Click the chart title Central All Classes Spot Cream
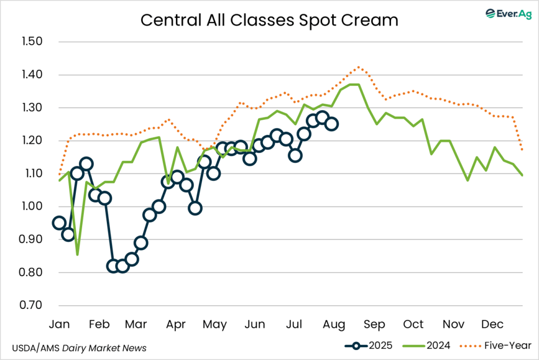[269, 20]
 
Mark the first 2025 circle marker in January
[59, 223]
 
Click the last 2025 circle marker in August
[332, 124]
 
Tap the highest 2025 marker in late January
[86, 164]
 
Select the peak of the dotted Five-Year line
[358, 67]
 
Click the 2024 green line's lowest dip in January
[77, 255]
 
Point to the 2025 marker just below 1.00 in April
[195, 208]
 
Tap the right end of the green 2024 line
[522, 175]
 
